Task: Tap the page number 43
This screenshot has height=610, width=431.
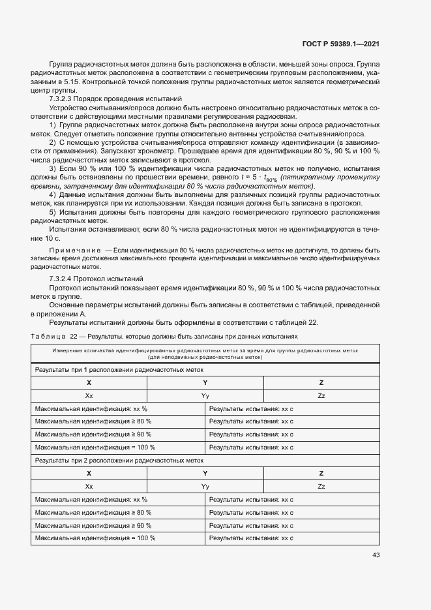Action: coord(376,555)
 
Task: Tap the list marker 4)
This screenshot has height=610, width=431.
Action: coord(53,195)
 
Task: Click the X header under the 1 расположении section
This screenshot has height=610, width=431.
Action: coord(89,383)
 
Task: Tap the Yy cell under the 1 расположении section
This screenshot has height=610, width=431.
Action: coord(205,395)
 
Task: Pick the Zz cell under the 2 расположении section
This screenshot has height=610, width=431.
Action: coord(321,487)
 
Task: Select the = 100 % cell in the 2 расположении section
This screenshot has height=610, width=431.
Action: coord(95,538)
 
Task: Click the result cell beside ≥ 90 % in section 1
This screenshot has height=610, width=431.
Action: coord(251,435)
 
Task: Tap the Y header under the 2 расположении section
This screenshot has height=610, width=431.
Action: coord(205,474)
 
